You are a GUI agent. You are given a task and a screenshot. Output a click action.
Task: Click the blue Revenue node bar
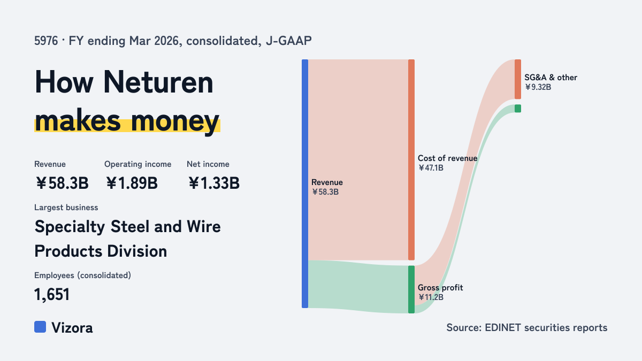point(305,183)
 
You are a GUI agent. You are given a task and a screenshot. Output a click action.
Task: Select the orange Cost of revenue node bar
point(411,159)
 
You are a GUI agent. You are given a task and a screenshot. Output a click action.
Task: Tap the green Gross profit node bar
point(411,289)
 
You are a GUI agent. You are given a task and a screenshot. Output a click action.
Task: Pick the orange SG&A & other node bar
point(518,79)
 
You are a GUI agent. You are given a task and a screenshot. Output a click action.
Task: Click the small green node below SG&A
point(518,108)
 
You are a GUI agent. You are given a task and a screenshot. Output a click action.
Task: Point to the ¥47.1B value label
point(431,168)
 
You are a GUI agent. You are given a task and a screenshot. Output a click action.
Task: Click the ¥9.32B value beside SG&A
point(538,87)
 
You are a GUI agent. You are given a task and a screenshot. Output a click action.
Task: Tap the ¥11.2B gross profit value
point(431,297)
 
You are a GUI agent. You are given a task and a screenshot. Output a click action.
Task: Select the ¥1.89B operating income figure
point(132,183)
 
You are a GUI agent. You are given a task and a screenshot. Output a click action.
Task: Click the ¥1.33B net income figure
point(214,183)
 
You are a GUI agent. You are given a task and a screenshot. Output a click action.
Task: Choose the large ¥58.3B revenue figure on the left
point(62,183)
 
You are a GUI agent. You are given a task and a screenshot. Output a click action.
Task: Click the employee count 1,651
point(52,295)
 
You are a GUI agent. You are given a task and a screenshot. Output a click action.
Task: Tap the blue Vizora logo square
point(40,327)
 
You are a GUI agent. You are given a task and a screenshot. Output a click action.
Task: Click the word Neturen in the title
point(158,82)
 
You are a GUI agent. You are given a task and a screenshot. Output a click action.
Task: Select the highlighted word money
point(175,121)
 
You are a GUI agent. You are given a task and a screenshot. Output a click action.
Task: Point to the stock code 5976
point(46,41)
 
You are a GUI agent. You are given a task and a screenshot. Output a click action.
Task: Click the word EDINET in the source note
point(503,327)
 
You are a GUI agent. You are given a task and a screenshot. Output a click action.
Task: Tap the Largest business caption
point(66,208)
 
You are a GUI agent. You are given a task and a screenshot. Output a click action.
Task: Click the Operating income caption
point(138,164)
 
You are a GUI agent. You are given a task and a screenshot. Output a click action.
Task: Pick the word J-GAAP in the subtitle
point(288,41)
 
